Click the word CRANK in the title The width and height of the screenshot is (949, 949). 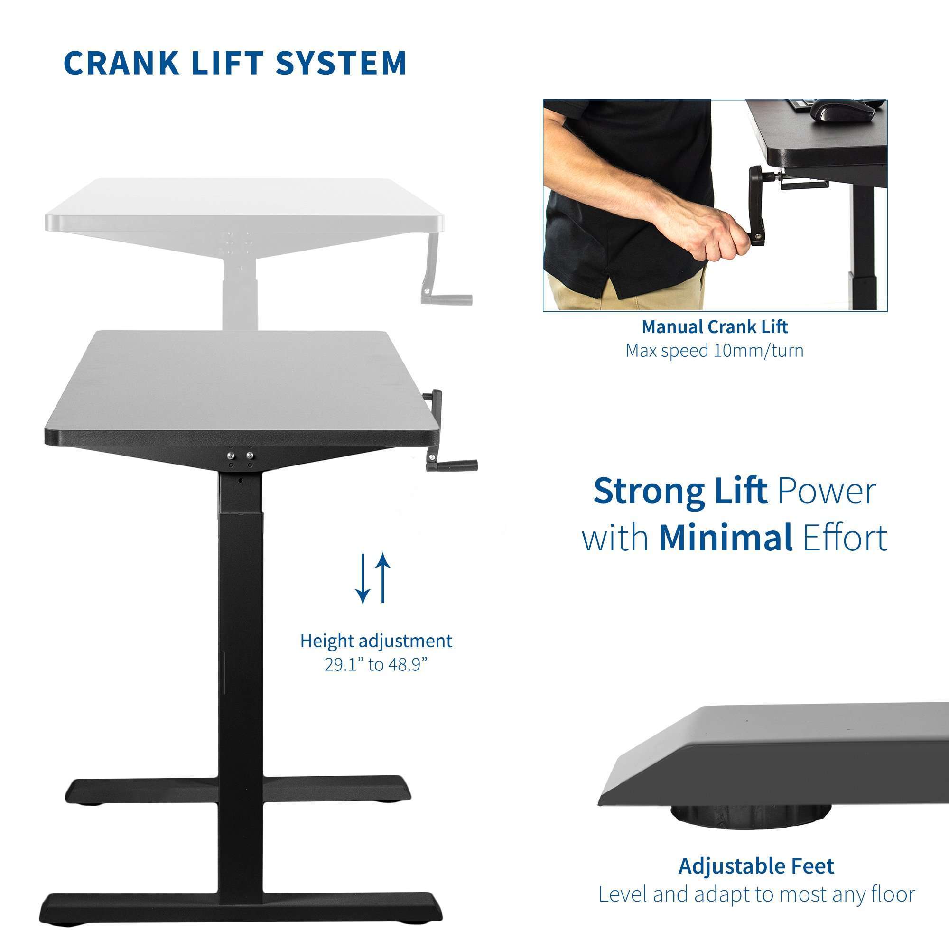click(121, 63)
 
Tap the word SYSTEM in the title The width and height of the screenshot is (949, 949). click(341, 63)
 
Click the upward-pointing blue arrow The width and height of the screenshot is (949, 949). click(383, 578)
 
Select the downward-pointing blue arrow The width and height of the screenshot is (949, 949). click(363, 578)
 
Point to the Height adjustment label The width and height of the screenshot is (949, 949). click(376, 641)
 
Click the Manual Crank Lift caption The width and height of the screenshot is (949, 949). click(715, 326)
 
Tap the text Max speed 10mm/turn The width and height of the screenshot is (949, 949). click(715, 351)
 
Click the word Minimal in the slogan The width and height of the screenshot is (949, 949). click(726, 538)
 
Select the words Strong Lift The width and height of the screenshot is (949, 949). click(680, 491)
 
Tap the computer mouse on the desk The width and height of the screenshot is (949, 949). click(842, 111)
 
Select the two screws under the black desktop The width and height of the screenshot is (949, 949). click(240, 456)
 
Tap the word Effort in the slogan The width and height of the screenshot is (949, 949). click(845, 538)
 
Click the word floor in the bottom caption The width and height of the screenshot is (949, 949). click(893, 894)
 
